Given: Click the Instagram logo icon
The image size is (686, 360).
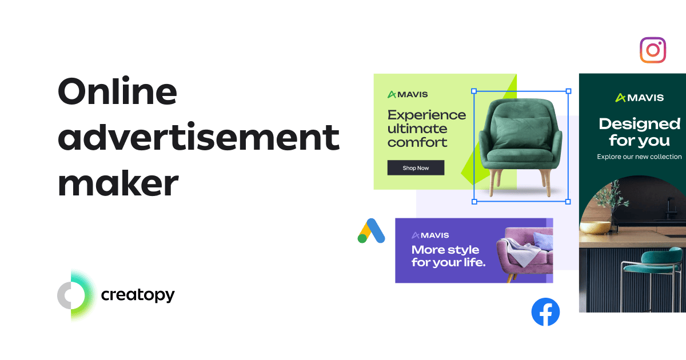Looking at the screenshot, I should tap(653, 50).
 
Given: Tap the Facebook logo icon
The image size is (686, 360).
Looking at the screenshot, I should tap(545, 312).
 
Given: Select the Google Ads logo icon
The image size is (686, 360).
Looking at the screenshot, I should tap(371, 231).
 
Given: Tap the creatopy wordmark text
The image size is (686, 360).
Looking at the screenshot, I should tap(138, 295).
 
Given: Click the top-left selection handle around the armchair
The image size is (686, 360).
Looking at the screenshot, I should tap(474, 91).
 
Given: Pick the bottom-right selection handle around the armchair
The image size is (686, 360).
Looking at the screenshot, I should tap(568, 201).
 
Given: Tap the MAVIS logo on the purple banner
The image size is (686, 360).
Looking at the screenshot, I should tap(430, 235).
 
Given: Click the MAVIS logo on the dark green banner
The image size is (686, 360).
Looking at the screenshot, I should tap(639, 98).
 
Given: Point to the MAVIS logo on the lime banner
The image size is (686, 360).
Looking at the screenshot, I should tap(408, 94).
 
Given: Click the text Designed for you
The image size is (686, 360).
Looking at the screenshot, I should tap(639, 132).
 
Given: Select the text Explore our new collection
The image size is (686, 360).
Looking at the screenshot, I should tap(639, 157).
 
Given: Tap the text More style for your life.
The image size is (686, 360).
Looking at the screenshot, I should tap(448, 257).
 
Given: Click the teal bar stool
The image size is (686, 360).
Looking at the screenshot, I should tap(649, 274).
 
